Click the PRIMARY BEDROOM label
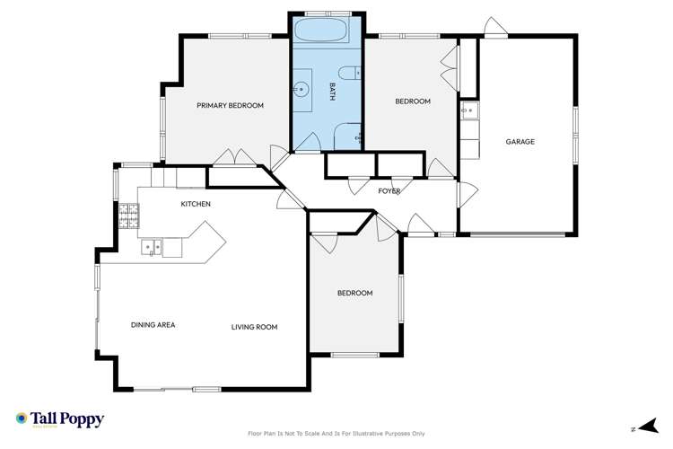point(231,106)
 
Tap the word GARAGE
point(520,142)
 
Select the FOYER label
point(389,191)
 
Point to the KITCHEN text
point(196,205)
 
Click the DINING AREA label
point(153,326)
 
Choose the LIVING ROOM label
point(254,327)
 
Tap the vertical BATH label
point(332,90)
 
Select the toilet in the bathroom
point(349,73)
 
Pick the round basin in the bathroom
point(302,89)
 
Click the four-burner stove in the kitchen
point(128,214)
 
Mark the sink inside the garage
point(468,111)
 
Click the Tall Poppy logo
point(60,419)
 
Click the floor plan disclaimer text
point(343,433)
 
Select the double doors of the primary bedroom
point(236,157)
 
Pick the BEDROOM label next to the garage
point(413,101)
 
